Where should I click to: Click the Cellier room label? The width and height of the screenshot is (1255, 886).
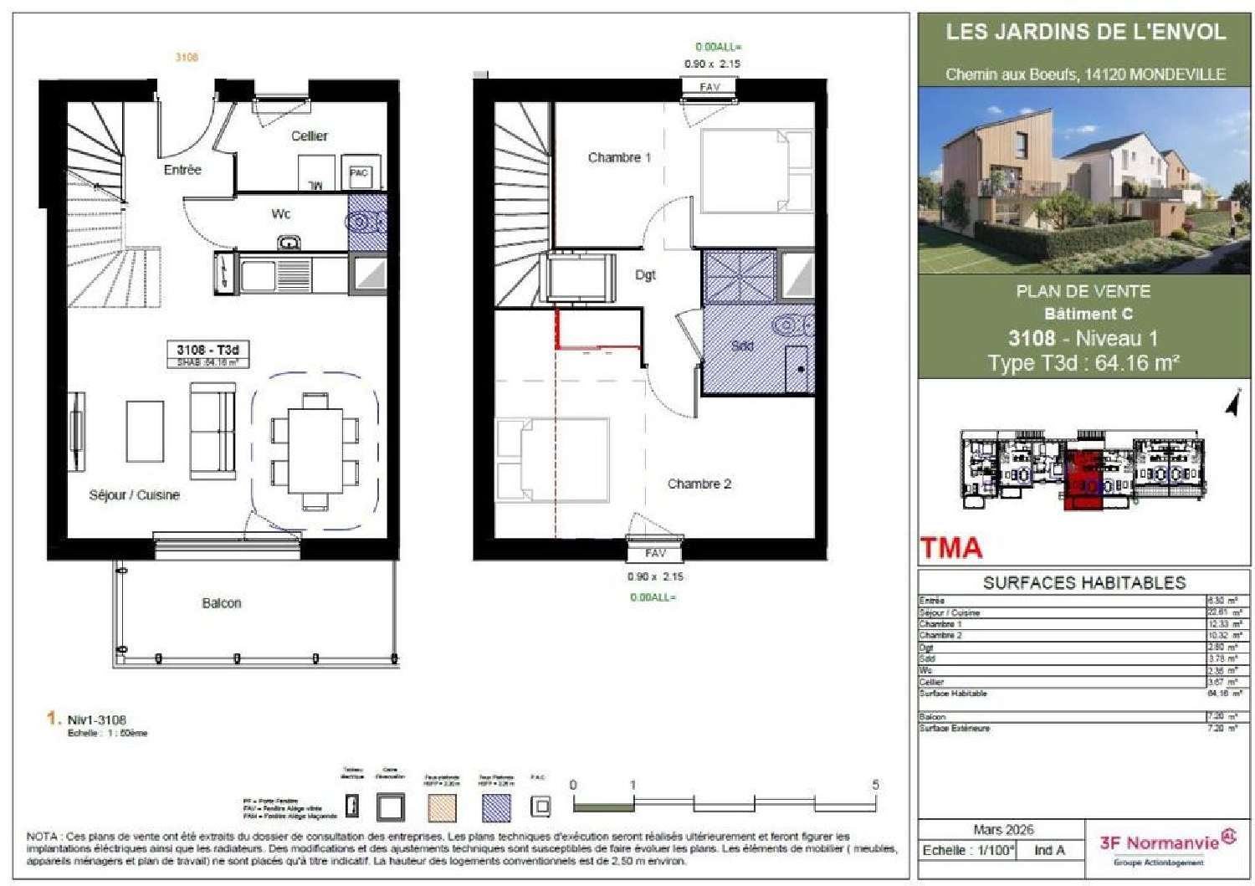pyautogui.click(x=309, y=136)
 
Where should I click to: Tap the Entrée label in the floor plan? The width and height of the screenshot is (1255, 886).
pyautogui.click(x=182, y=170)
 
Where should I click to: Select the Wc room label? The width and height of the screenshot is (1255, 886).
pyautogui.click(x=281, y=214)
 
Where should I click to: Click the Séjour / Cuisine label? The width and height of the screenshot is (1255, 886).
pyautogui.click(x=134, y=494)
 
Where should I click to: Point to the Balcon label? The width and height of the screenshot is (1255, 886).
pyautogui.click(x=222, y=603)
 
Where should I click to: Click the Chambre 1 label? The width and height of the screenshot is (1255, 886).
pyautogui.click(x=619, y=157)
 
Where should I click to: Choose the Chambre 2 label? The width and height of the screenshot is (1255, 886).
pyautogui.click(x=699, y=484)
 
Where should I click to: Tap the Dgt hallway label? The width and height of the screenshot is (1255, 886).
pyautogui.click(x=645, y=274)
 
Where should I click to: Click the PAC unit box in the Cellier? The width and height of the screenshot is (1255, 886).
pyautogui.click(x=359, y=174)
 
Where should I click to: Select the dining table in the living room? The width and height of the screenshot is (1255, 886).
pyautogui.click(x=315, y=451)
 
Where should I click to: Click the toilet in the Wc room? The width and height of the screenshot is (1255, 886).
pyautogui.click(x=365, y=223)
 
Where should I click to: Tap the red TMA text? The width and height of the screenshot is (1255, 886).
pyautogui.click(x=951, y=548)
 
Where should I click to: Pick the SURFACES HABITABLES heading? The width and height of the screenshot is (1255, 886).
pyautogui.click(x=1084, y=583)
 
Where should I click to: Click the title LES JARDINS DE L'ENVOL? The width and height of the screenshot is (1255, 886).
pyautogui.click(x=1085, y=33)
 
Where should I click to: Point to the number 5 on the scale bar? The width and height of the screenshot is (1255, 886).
pyautogui.click(x=875, y=785)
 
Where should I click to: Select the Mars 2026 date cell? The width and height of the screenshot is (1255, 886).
pyautogui.click(x=1003, y=830)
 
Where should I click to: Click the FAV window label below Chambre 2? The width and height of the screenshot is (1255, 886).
pyautogui.click(x=655, y=553)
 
